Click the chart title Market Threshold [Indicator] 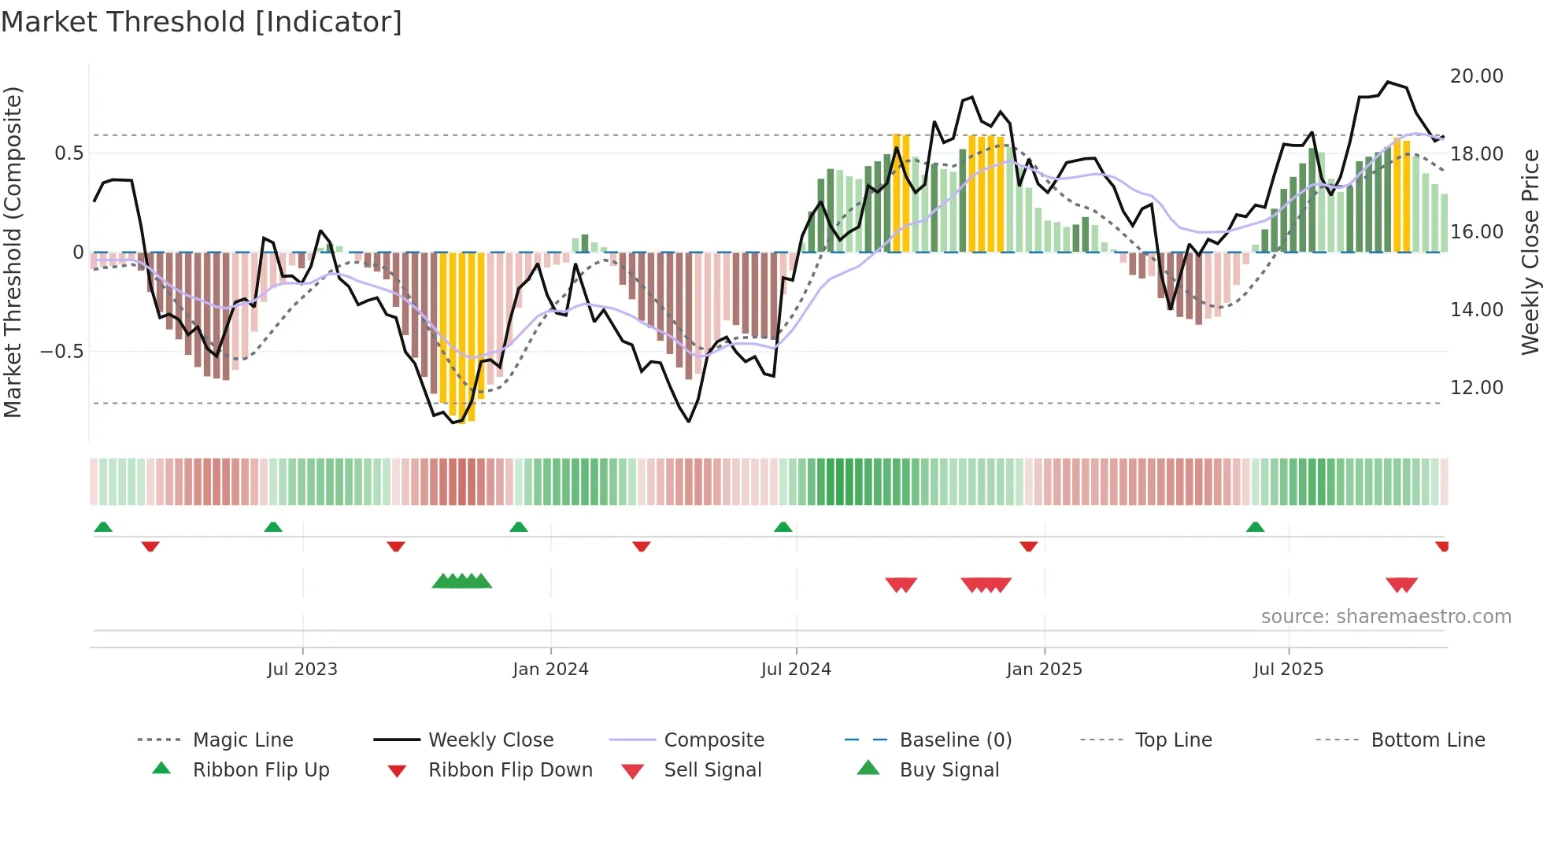click(202, 22)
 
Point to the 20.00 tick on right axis click(1476, 76)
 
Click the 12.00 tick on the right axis click(1476, 388)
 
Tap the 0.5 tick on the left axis click(68, 153)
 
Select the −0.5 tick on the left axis click(62, 352)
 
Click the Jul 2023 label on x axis click(302, 670)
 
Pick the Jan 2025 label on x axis click(1044, 670)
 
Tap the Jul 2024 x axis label click(796, 670)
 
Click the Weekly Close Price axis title click(1530, 252)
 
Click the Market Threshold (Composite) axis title click(13, 252)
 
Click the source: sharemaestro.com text click(1386, 617)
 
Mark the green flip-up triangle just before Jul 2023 click(273, 527)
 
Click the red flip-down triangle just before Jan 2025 click(1028, 546)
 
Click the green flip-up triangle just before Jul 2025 click(1255, 527)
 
